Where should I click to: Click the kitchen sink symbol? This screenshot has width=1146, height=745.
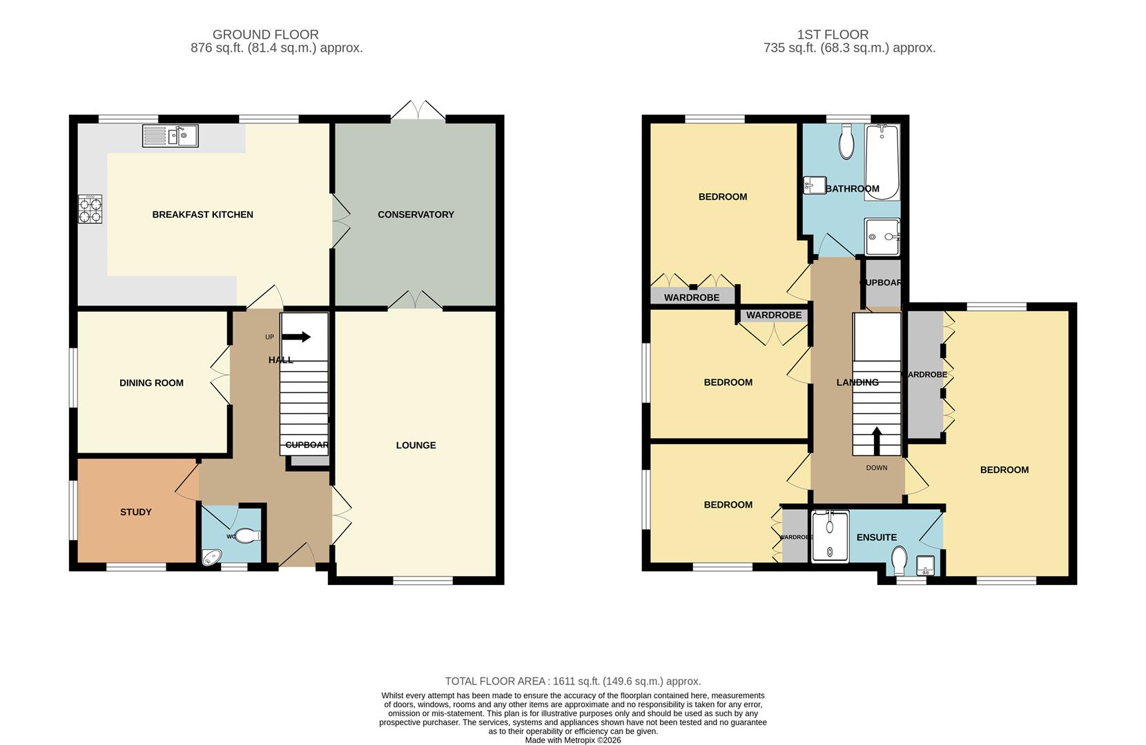tap(170, 136)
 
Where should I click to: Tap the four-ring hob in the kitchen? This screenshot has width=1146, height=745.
tap(90, 210)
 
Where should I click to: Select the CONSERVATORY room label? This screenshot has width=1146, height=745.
tap(416, 215)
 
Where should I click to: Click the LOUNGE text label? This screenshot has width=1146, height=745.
tap(416, 445)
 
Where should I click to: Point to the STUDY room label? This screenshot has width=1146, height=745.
tap(135, 512)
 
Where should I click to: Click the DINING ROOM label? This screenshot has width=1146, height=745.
tap(151, 383)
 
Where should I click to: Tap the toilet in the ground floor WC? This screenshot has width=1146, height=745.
tap(248, 535)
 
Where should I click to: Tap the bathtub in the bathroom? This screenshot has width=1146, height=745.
tap(882, 162)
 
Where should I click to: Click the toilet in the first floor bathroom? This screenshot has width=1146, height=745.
tap(846, 144)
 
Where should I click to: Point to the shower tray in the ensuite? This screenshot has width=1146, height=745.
tap(830, 536)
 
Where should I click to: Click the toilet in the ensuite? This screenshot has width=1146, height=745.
tap(899, 560)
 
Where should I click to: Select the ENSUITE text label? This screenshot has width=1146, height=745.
tap(876, 537)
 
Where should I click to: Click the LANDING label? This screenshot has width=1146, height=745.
tap(857, 382)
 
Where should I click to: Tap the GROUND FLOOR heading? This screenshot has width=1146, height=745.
tap(265, 34)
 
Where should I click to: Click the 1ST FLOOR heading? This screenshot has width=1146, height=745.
tap(833, 34)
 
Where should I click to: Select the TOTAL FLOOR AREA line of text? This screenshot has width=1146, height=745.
tap(572, 681)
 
